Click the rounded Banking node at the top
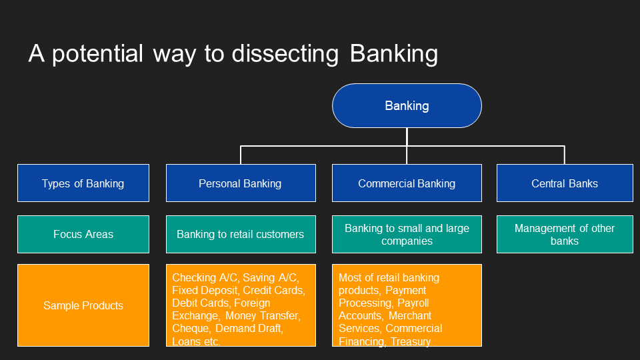tap(407, 105)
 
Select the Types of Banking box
tap(83, 183)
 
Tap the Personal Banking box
tap(240, 183)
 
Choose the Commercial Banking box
tap(407, 183)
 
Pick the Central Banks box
tap(565, 183)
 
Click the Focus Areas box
tap(83, 234)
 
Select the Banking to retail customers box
tap(240, 234)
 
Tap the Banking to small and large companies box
tap(407, 234)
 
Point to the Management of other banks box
tap(565, 234)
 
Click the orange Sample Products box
tap(83, 305)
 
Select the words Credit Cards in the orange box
tap(273, 290)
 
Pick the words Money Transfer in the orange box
tap(262, 315)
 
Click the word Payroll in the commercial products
tap(413, 303)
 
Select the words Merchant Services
tap(387, 322)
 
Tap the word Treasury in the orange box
tap(411, 341)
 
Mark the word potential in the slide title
tap(98, 54)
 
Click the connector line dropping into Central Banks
tap(565, 155)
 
